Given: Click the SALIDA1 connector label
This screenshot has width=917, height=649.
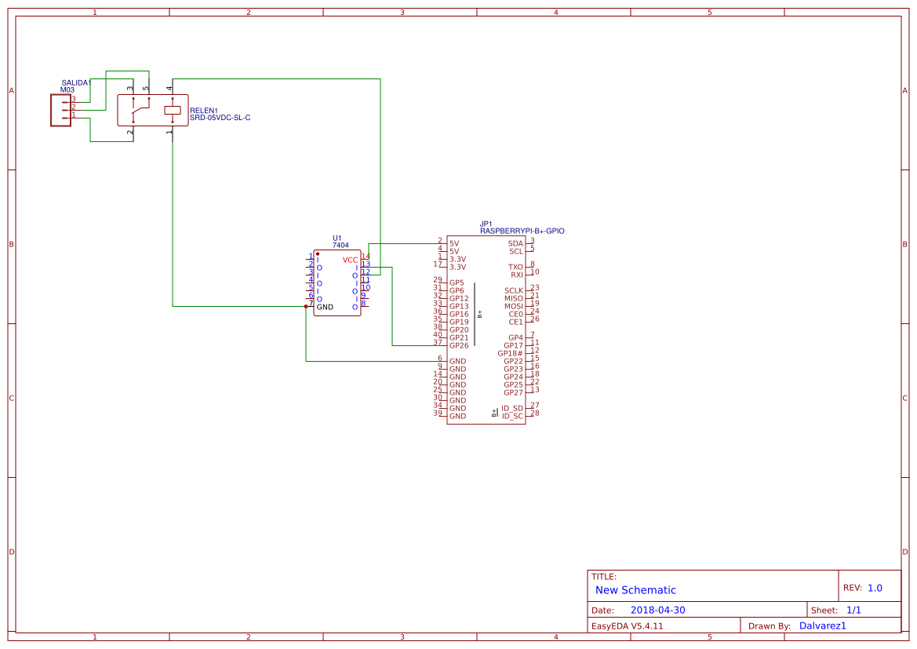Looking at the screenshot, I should (76, 82).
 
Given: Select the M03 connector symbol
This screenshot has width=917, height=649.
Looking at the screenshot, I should (60, 110).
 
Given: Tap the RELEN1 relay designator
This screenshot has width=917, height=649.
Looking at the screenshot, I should (203, 111).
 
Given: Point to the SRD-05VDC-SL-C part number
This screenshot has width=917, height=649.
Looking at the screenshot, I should (220, 118).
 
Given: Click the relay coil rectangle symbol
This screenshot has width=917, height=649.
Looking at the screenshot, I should (172, 110).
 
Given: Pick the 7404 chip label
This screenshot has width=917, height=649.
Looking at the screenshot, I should (340, 246).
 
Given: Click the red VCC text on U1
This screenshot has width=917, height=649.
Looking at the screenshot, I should (350, 260).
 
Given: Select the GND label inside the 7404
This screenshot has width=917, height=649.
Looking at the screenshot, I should (325, 307).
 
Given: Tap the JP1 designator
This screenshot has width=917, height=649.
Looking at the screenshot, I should (486, 224).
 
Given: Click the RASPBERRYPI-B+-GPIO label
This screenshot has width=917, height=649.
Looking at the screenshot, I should (522, 232).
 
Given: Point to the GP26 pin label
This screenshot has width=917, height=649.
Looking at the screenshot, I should (459, 345).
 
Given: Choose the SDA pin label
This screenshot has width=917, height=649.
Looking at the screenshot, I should (515, 243).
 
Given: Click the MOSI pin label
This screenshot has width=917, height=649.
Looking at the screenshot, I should (514, 306).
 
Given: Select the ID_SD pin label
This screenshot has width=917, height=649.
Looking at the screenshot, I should (512, 408).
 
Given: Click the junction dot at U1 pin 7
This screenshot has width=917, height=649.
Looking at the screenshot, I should (306, 306).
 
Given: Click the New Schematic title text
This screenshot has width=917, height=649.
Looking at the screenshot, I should (635, 590).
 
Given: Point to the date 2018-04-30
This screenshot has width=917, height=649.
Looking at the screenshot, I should (657, 611).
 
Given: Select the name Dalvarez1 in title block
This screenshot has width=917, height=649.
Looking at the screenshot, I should (823, 626).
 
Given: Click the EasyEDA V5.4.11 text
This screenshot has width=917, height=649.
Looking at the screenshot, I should (627, 626).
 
